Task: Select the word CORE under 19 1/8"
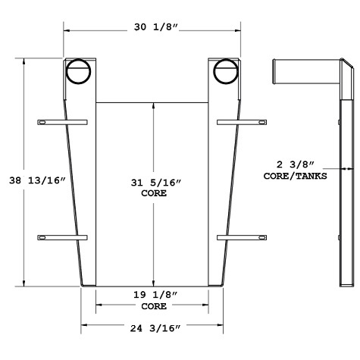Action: tap(153, 307)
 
